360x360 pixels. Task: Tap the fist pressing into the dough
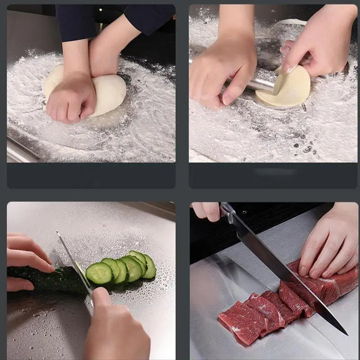pyautogui.click(x=70, y=97)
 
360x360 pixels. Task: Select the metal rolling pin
pyautogui.click(x=260, y=82)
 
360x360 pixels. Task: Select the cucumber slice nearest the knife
pyautogui.click(x=98, y=273)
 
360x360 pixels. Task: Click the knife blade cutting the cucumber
pyautogui.click(x=75, y=265)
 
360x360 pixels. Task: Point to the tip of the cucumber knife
pyautogui.click(x=58, y=233)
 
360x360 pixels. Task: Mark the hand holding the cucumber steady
pyautogui.click(x=25, y=257)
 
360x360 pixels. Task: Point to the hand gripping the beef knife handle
pyautogui.click(x=207, y=210)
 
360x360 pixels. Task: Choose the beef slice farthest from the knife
pyautogui.click(x=240, y=322)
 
